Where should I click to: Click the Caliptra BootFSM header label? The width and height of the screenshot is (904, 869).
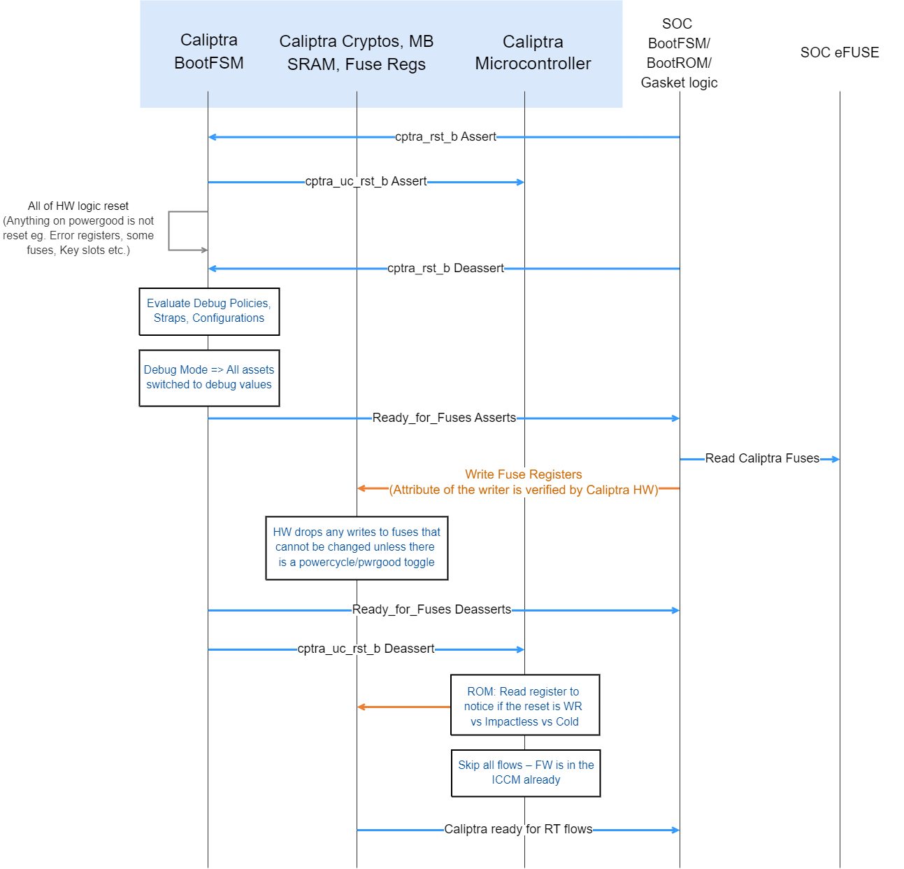[208, 51]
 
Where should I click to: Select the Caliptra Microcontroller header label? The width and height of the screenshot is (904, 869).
[533, 52]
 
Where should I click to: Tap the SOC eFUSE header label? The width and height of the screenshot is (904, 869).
[839, 52]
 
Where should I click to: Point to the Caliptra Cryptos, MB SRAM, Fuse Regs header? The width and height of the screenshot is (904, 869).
[357, 52]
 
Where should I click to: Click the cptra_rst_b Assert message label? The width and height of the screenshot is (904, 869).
[445, 136]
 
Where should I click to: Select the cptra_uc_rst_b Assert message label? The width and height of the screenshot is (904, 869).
[366, 181]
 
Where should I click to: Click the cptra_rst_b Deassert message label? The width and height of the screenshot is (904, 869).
[445, 268]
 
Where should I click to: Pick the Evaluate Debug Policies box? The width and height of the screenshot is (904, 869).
[209, 311]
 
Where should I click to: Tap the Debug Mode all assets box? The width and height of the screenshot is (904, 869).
[209, 377]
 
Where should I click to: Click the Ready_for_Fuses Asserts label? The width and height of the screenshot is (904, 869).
[444, 418]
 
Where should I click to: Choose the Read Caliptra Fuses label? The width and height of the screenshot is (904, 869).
[762, 458]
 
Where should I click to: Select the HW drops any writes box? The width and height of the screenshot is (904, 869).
[357, 547]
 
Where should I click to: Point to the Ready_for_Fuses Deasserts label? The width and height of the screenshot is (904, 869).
[431, 609]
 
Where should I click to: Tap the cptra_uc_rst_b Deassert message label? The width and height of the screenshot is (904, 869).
[366, 649]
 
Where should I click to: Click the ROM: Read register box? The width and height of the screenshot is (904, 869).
[524, 705]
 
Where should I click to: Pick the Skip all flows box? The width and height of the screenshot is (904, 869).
[526, 772]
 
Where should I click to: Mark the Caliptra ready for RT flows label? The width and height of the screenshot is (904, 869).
[518, 829]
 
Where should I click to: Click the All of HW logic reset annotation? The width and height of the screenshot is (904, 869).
[78, 228]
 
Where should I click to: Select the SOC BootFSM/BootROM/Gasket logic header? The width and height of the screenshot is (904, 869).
[679, 53]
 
